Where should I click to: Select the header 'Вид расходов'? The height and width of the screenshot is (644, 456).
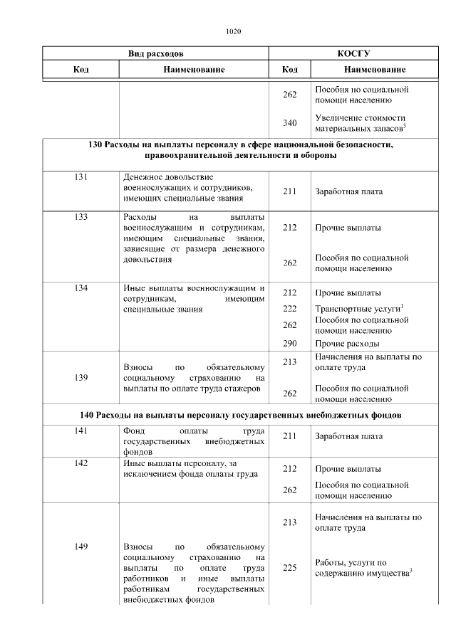point(155,53)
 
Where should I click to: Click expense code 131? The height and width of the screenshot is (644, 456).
point(81,176)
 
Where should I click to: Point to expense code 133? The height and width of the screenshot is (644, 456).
point(81,216)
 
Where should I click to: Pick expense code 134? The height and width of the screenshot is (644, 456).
point(81,288)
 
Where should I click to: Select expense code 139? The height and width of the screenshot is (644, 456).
point(81,378)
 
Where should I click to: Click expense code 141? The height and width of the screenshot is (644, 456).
point(81,431)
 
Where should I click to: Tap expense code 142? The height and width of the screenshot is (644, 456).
point(81,463)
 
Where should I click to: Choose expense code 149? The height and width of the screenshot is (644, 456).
point(81,547)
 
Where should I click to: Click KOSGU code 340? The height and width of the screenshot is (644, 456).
point(289,123)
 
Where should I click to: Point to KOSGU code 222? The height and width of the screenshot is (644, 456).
point(289,309)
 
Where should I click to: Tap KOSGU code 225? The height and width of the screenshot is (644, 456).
point(289,568)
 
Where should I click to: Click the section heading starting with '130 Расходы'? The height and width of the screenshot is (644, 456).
point(240,150)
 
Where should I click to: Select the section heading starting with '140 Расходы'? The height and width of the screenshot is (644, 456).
point(240,415)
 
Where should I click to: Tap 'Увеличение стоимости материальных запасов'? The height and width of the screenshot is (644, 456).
point(360,122)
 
